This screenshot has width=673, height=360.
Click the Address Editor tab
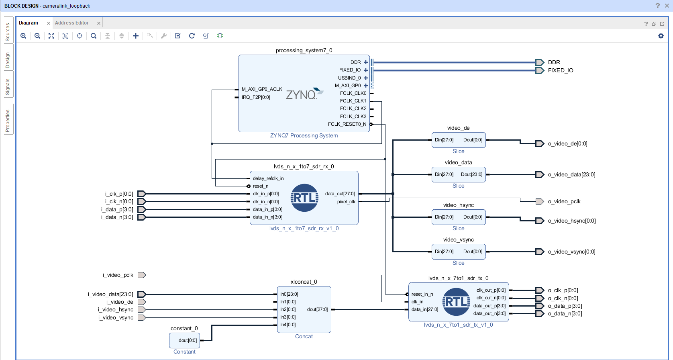(x=72, y=23)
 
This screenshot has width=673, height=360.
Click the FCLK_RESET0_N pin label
(x=347, y=124)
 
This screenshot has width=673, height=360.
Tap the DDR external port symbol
(x=540, y=62)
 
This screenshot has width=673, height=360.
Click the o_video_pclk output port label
(x=564, y=202)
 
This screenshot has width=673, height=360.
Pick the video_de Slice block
(x=459, y=140)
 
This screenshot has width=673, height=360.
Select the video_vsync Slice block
(x=459, y=252)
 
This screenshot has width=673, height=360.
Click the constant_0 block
(x=184, y=340)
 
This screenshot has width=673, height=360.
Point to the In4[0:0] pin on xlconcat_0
(x=288, y=325)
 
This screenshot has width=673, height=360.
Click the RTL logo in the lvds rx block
(x=304, y=198)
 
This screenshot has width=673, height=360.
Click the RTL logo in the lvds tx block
(x=456, y=302)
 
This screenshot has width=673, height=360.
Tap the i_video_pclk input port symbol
(x=141, y=275)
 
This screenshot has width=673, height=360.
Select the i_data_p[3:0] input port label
(x=117, y=210)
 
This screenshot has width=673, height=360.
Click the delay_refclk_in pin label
(x=268, y=178)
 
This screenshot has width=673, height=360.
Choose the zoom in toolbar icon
(x=23, y=36)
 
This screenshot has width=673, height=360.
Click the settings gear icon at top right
(x=661, y=36)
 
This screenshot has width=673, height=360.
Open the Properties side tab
(x=8, y=121)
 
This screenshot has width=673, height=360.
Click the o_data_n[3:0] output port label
(x=565, y=314)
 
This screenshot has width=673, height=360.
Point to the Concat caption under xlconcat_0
(x=304, y=337)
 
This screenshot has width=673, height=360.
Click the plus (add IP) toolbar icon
(x=136, y=36)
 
